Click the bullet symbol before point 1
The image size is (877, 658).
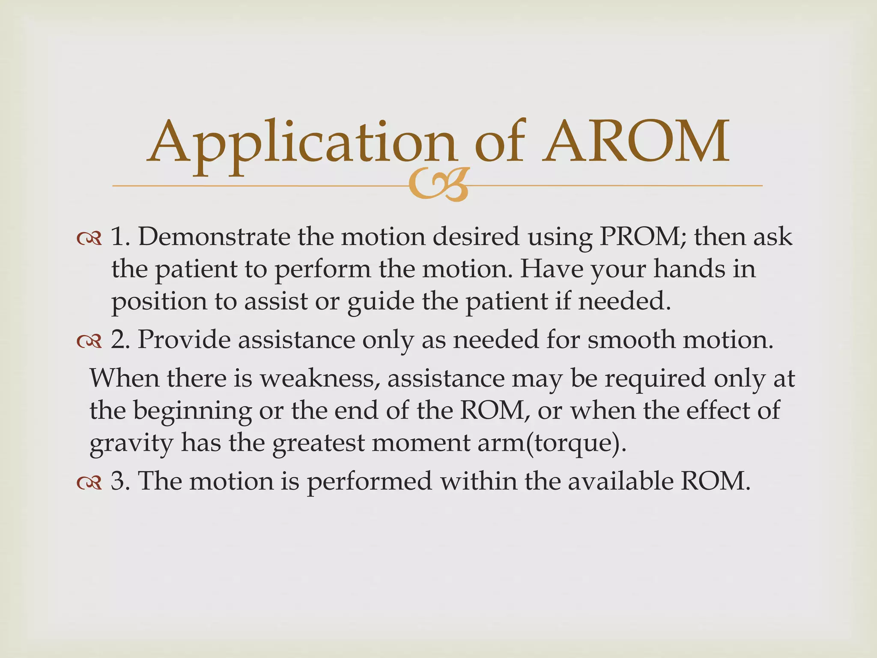pos(89,238)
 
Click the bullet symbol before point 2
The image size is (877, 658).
pos(89,341)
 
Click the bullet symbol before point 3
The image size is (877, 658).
pos(89,482)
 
